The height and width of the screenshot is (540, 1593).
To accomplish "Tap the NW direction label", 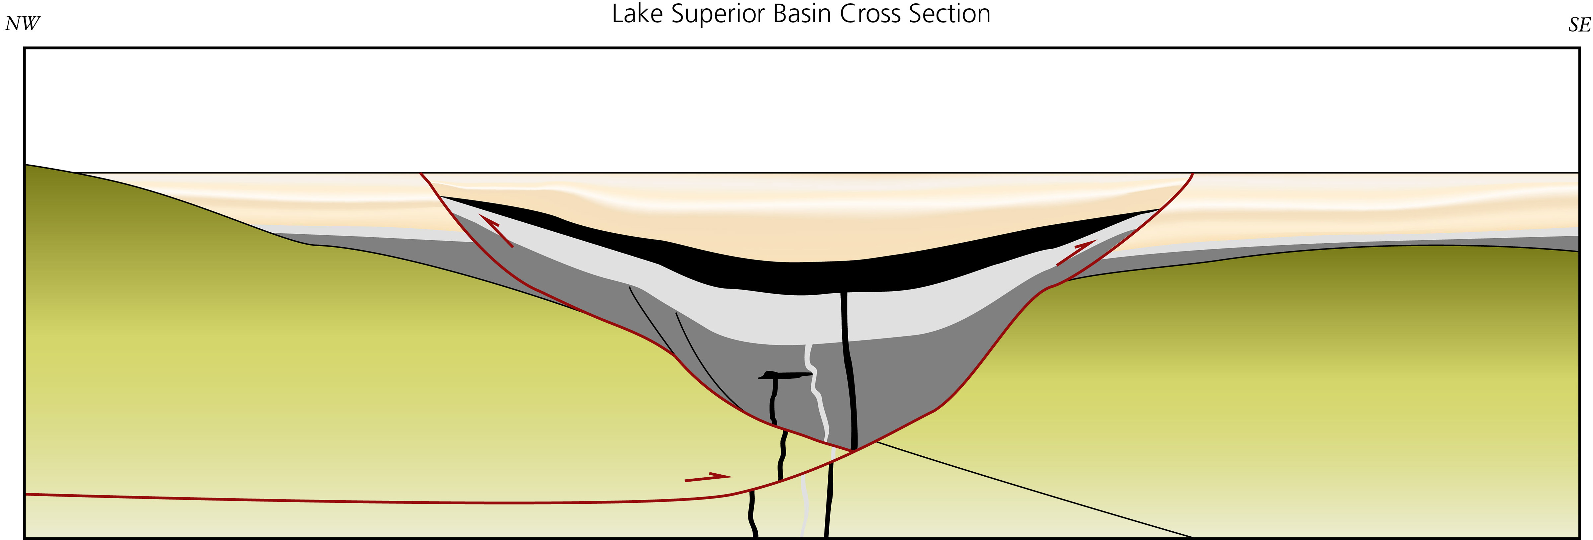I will (22, 24).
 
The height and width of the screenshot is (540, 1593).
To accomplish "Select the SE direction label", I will (1579, 25).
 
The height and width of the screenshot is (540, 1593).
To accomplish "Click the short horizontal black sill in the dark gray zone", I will (785, 375).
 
